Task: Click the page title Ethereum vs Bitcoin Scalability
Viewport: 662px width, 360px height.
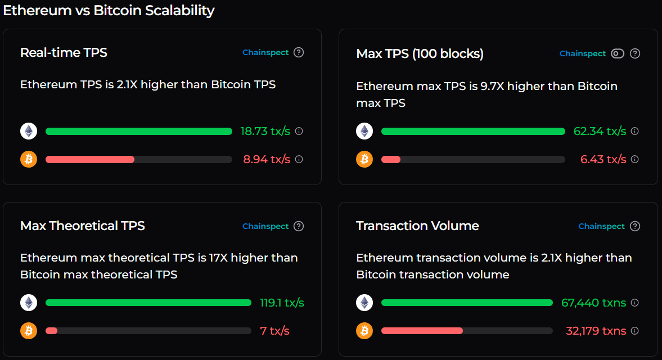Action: point(109,10)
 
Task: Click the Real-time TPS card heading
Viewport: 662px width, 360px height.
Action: point(64,52)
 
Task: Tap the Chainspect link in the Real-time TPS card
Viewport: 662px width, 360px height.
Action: point(265,52)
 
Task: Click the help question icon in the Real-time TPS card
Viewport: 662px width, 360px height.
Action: point(299,52)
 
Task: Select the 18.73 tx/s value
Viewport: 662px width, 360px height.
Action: point(265,131)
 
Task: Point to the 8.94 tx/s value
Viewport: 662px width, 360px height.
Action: point(267,159)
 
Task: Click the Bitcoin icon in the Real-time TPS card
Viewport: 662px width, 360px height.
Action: point(29,159)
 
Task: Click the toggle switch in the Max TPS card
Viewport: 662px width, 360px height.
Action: point(618,53)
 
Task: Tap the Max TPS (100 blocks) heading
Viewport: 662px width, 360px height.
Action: point(420,53)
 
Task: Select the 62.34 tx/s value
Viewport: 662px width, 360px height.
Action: point(600,131)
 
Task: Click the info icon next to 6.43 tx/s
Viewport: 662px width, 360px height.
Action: point(634,159)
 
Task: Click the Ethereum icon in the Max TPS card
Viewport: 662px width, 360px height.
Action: point(364,131)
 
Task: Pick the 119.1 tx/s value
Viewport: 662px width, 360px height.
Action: point(282,303)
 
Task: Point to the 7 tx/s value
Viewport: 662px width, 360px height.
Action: point(274,331)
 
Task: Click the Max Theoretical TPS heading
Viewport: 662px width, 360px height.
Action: point(82,226)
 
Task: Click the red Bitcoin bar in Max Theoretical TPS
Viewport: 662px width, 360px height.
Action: point(51,331)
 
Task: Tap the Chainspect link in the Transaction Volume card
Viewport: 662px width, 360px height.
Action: point(601,226)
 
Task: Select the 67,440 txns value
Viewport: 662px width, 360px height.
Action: point(593,303)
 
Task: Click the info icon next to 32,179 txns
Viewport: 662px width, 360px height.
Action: point(634,331)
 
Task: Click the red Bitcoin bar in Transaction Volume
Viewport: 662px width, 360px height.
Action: point(422,331)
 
